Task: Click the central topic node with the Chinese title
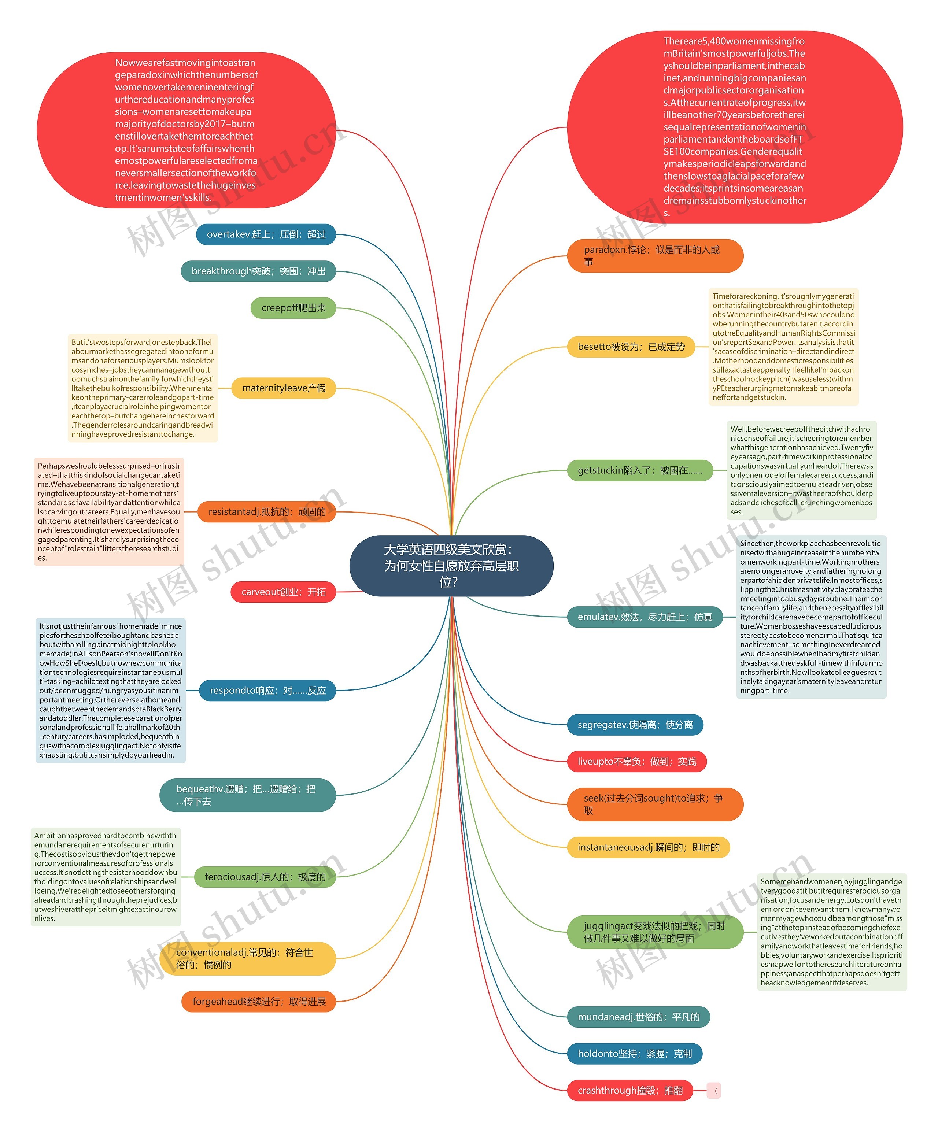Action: pos(451,566)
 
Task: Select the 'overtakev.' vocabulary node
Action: pos(266,234)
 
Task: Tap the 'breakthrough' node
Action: pos(258,271)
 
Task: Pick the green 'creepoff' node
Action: pos(293,308)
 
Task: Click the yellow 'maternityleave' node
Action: pos(284,388)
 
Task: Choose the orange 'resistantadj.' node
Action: pos(267,511)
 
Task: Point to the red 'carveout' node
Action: pos(283,592)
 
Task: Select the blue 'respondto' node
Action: pos(267,691)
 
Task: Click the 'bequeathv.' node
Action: pos(247,795)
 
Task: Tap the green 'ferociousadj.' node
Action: pos(265,877)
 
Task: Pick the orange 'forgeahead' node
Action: pos(259,1002)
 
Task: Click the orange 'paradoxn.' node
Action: pos(655,255)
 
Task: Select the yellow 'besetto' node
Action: pos(631,347)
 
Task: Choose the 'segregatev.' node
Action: pos(635,725)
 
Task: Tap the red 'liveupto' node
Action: pos(637,762)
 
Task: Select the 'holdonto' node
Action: pos(635,1053)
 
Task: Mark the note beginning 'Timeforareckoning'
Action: pos(783,347)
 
